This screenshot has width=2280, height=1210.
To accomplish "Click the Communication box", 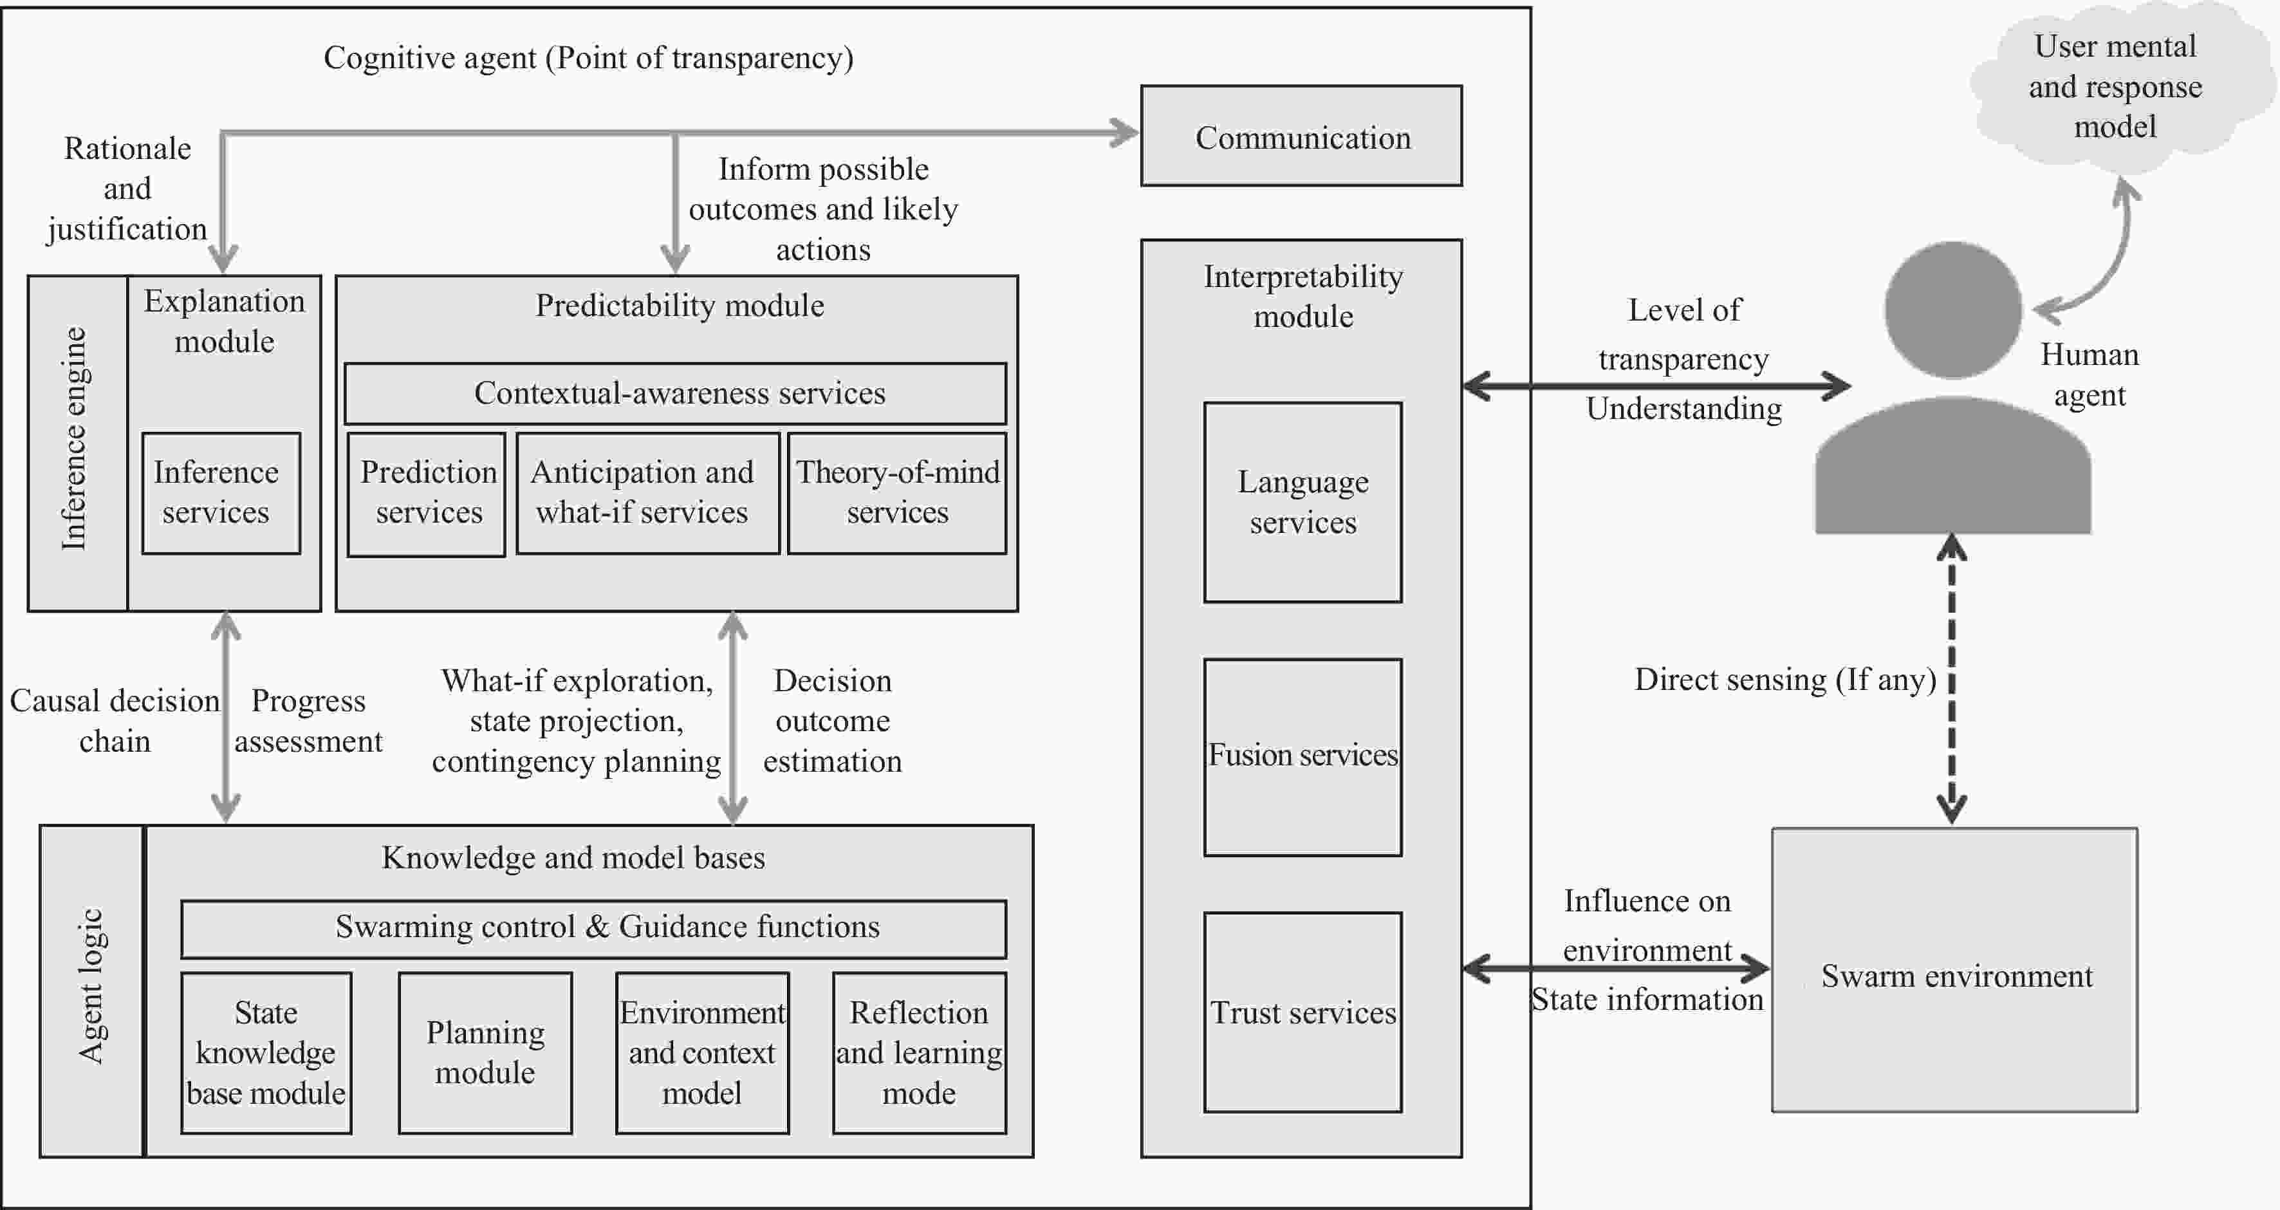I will pyautogui.click(x=1301, y=136).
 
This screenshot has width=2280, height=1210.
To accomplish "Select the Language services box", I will pyautogui.click(x=1302, y=502).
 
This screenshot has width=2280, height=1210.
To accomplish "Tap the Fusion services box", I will pyautogui.click(x=1302, y=757).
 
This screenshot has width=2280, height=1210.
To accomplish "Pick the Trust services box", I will pyautogui.click(x=1302, y=1012).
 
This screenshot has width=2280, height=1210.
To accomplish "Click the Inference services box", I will pyautogui.click(x=220, y=493).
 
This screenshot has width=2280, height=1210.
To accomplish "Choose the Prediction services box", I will pyautogui.click(x=427, y=493).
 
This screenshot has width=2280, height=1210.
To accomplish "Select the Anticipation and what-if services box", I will pyautogui.click(x=647, y=493).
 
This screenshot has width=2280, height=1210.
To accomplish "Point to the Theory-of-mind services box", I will pyautogui.click(x=896, y=493).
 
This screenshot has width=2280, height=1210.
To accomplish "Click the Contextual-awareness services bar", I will pyautogui.click(x=674, y=393).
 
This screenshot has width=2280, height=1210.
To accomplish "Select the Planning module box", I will pyautogui.click(x=485, y=1052).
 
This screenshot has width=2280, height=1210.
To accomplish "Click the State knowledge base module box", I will pyautogui.click(x=266, y=1052).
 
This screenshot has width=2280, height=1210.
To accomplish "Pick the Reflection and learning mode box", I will pyautogui.click(x=919, y=1052).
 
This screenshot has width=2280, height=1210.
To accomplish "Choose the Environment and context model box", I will pyautogui.click(x=702, y=1052).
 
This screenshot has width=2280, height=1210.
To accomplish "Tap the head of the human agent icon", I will pyautogui.click(x=1952, y=310).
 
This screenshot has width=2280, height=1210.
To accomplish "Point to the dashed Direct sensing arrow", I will pyautogui.click(x=1952, y=682).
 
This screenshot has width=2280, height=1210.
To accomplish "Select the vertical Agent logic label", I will pyautogui.click(x=91, y=987).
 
